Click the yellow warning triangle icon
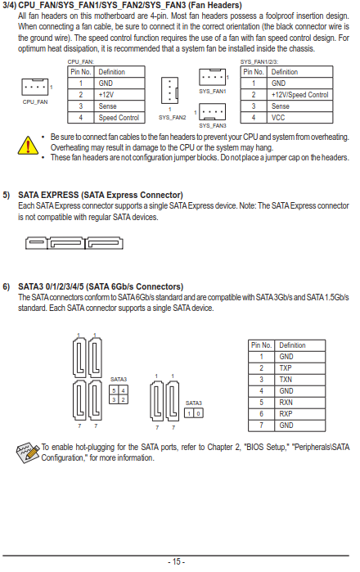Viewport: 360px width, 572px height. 28,145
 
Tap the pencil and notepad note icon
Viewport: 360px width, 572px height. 28,453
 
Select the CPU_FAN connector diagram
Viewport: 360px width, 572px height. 35,87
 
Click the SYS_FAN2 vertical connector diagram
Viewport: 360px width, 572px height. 169,90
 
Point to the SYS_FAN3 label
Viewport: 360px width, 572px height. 213,125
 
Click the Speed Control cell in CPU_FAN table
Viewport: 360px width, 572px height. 119,118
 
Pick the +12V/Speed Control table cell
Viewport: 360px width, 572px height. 299,95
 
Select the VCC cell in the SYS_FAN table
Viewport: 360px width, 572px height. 299,118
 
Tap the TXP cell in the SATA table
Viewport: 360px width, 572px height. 299,368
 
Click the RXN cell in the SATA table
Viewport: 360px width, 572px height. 299,403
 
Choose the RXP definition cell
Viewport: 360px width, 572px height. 299,414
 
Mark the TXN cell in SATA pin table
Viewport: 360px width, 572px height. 299,380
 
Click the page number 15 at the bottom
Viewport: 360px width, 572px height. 177,561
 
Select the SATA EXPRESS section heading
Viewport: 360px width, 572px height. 101,195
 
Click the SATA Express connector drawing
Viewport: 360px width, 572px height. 74,243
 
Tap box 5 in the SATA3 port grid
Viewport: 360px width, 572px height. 114,390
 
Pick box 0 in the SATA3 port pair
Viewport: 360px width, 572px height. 199,413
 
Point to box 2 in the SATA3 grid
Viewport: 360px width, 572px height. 123,399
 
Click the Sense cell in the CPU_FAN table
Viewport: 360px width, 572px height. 119,106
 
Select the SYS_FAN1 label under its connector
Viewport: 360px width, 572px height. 213,91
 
